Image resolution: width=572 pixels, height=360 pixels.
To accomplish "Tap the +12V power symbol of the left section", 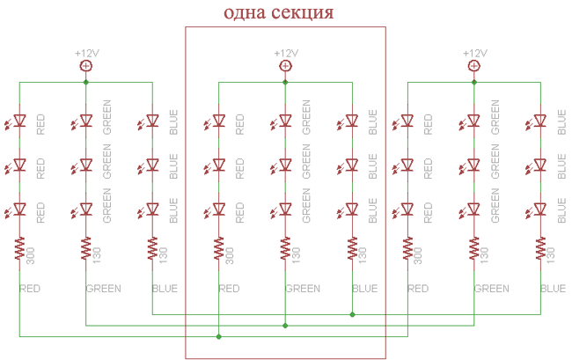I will coord(85,65).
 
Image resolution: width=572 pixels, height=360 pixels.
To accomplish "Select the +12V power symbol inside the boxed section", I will coord(285,65).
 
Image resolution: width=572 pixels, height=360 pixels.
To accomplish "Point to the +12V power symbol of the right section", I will coord(474,65).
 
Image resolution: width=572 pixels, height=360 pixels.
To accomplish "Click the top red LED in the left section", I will coord(19,121).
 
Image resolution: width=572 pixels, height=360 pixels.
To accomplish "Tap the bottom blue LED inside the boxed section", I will coord(352,209).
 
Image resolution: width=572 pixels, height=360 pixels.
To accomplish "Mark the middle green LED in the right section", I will coord(474,165).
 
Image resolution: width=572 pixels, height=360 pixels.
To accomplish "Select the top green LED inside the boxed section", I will coord(285,121).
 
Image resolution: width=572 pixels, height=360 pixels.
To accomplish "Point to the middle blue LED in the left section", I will coord(152,165).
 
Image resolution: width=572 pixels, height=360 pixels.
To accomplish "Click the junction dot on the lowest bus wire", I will coord(218,336).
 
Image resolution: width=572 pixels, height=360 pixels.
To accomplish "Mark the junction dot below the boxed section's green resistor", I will coord(285,325).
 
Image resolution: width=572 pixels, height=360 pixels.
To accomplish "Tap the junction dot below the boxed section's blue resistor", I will coord(352,313).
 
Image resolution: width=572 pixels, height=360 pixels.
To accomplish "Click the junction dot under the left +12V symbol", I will coord(85,82).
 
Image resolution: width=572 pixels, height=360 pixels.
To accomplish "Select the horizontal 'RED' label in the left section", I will coord(30,289).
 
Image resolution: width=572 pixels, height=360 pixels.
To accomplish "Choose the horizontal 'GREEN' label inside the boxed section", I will coord(303,289).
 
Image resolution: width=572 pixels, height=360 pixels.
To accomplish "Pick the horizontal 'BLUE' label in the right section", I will coord(553,289).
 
